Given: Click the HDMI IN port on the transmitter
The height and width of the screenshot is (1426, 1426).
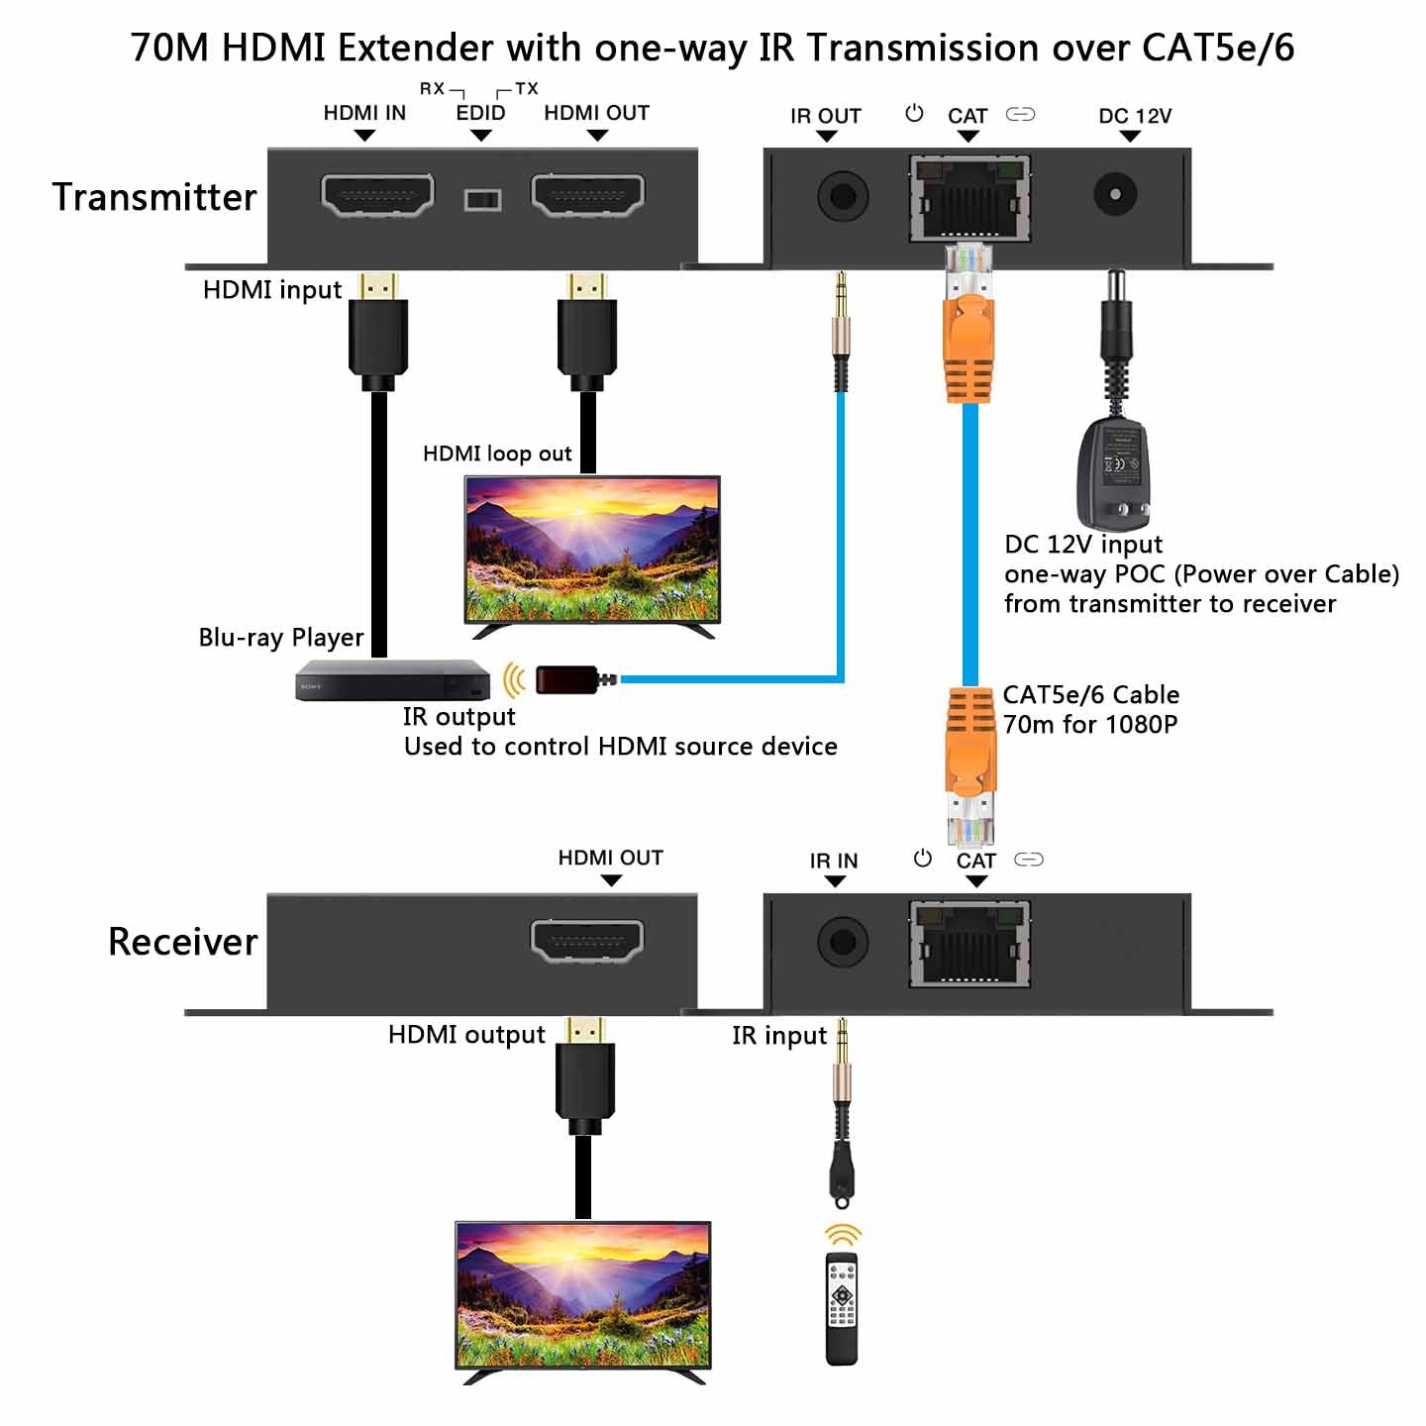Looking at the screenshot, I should [x=377, y=195].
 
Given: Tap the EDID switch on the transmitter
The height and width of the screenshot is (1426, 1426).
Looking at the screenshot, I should [x=482, y=200].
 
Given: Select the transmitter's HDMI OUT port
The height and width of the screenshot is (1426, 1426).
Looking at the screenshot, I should [x=588, y=195].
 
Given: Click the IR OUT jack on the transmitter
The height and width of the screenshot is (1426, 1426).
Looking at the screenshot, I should [x=842, y=195].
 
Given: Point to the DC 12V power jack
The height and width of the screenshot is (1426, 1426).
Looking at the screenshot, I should [x=1115, y=194].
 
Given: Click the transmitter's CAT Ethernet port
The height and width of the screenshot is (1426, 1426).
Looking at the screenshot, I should [x=969, y=197].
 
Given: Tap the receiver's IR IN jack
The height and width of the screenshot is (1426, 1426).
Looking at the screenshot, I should [x=842, y=941].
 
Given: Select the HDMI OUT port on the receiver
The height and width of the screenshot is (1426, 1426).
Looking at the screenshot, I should [x=587, y=941].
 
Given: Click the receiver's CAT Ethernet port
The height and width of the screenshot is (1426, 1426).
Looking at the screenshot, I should [x=969, y=944].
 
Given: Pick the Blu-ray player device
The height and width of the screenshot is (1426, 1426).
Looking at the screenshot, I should [x=392, y=680].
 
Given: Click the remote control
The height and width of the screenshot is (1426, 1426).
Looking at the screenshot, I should [x=842, y=1308].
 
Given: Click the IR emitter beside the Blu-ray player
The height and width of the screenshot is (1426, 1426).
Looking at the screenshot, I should [x=567, y=679].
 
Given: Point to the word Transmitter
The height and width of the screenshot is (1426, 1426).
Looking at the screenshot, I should [x=154, y=197].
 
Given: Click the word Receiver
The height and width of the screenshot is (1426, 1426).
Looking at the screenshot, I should [x=183, y=942].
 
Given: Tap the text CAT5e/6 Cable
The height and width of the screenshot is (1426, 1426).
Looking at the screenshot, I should [x=1090, y=694].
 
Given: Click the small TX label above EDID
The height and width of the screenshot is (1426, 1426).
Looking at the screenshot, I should [x=527, y=88].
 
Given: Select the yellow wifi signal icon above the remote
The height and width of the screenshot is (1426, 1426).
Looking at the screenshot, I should [x=843, y=1235].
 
